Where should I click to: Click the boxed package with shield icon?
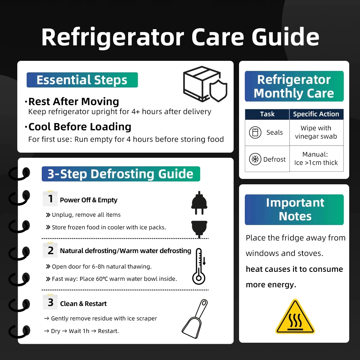pos(205,84)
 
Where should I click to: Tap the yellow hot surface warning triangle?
pos(295,316)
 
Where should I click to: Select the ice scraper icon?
pos(195,319)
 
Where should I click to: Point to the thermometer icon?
pos(199,266)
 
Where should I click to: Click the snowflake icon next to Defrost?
pos(255,159)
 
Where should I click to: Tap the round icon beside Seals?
pos(255,132)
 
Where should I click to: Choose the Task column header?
pos(267,114)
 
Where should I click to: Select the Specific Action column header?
pos(316,114)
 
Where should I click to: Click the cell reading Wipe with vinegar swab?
pos(316,132)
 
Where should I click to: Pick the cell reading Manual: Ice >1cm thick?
pos(316,158)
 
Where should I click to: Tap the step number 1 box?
pos(50,199)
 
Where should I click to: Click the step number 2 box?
pos(50,250)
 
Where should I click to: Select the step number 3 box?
pos(50,302)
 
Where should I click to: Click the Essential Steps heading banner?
pos(82,80)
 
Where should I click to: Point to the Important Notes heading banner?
pos(294,210)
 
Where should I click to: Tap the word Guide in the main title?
pos(285,37)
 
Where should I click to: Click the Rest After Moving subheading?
pos(73,102)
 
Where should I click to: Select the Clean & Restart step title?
pos(84,303)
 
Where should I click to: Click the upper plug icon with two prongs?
pos(199,203)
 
